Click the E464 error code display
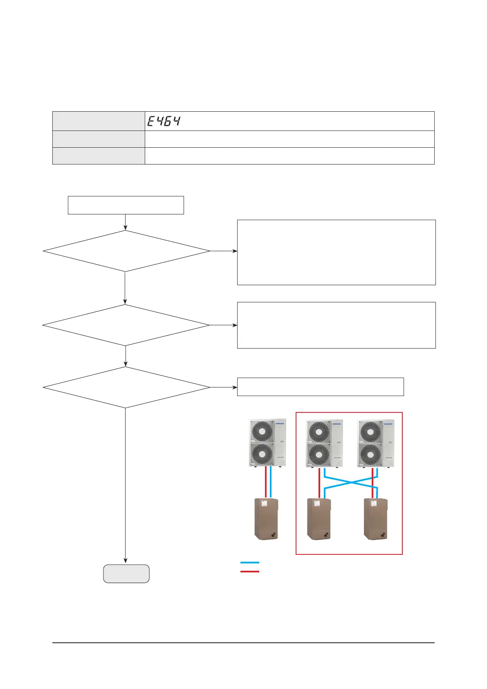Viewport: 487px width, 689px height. point(164,121)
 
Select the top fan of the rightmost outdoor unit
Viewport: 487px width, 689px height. point(370,431)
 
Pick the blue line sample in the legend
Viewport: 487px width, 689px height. point(249,563)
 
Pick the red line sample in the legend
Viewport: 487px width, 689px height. point(249,571)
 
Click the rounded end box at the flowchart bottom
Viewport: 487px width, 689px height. point(126,574)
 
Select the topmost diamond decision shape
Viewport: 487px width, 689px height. point(126,251)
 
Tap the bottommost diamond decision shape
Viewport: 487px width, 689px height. point(126,387)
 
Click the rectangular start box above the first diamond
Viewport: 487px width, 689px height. point(126,205)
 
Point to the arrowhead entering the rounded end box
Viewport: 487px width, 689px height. point(126,561)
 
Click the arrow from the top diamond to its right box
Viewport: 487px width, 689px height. point(223,251)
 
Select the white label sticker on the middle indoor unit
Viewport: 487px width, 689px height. point(316,504)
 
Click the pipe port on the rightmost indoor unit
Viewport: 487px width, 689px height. point(384,534)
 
